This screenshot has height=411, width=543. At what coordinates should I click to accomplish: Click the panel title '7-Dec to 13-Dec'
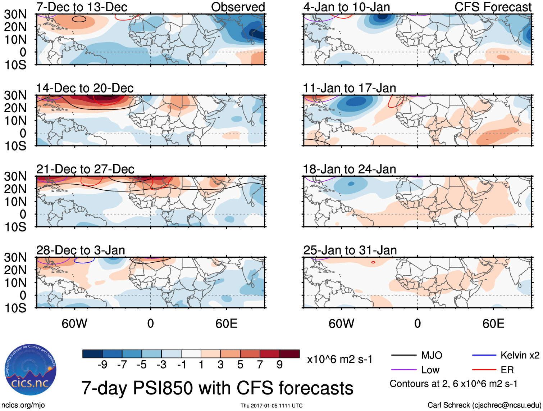pos(82,7)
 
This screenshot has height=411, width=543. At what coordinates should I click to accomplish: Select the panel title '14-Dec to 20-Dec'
pos(85,88)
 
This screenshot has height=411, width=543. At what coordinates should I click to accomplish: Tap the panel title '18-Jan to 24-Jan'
pos(350,169)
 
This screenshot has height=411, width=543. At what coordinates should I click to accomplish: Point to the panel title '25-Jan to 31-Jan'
pos(350,250)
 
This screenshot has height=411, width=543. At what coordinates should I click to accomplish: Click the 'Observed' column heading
pos(238,7)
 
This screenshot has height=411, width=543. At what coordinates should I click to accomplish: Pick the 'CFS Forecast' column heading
pos(493,7)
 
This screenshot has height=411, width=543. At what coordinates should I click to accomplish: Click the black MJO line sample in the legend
pos(403,356)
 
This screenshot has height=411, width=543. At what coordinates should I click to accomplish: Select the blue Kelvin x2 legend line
pos(484,356)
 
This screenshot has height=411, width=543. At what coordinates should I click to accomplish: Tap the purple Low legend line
pos(403,370)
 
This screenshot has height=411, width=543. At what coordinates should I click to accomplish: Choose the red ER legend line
pos(484,370)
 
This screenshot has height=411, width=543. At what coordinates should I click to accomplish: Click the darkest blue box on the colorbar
pos(92,354)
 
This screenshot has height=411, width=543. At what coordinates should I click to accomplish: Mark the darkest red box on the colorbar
pos(289,354)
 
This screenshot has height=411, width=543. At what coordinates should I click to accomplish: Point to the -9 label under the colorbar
pos(102,365)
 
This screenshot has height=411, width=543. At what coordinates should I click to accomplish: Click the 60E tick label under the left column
pos(226,324)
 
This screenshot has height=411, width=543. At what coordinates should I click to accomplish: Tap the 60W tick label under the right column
pos(341,324)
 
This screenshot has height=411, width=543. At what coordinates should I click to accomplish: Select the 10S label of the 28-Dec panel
pos(15,308)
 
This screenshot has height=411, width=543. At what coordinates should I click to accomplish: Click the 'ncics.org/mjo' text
pos(23,405)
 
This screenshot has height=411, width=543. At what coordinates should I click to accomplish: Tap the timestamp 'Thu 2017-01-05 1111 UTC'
pos(271,406)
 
